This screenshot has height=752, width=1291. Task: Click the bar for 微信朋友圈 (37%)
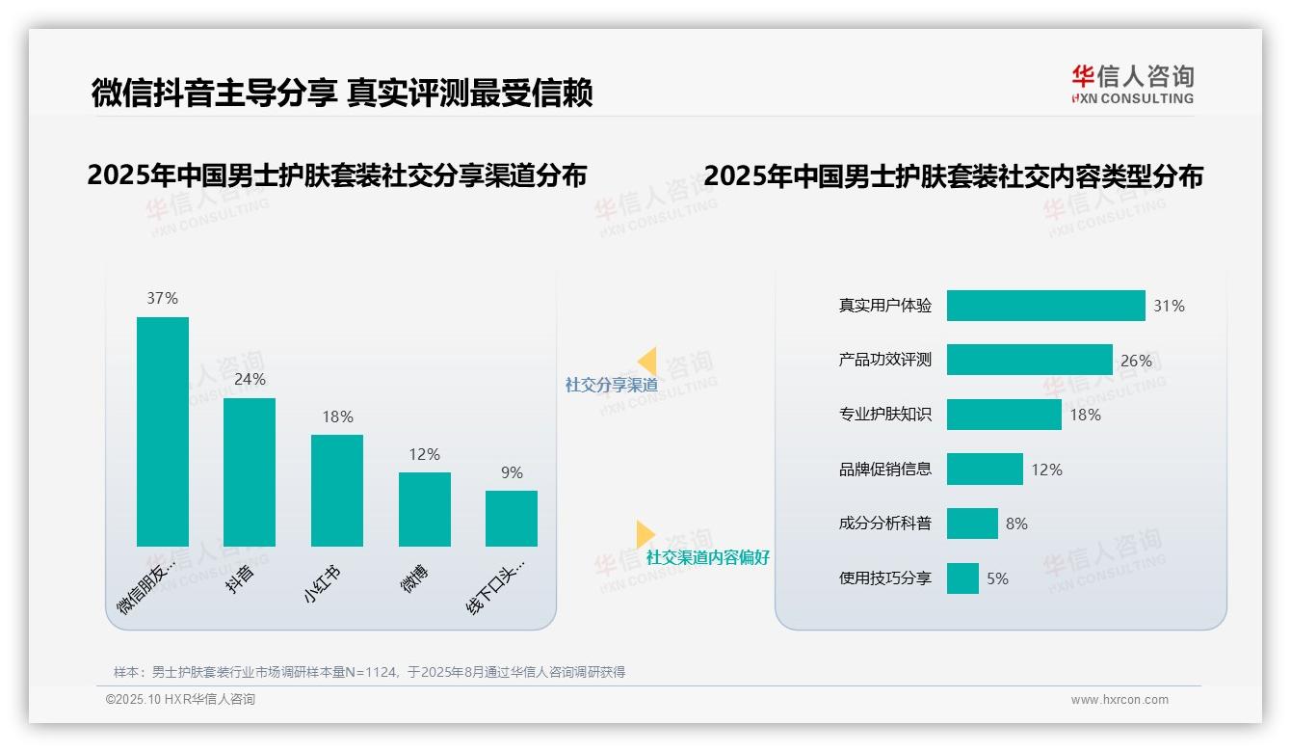click(x=162, y=431)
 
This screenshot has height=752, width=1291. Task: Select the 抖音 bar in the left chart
click(x=250, y=471)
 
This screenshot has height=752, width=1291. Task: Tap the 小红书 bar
click(x=337, y=490)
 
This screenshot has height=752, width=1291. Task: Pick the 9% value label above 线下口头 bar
click(x=512, y=472)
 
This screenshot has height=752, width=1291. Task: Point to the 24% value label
click(x=250, y=380)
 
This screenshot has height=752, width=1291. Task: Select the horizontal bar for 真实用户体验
click(x=1045, y=306)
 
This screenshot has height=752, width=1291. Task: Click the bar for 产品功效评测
click(x=1029, y=360)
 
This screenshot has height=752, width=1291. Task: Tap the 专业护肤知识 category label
click(x=885, y=415)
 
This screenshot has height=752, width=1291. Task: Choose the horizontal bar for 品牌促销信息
click(x=985, y=470)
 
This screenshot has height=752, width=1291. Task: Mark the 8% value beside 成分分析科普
click(x=1016, y=524)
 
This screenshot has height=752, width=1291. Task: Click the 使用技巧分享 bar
click(x=962, y=578)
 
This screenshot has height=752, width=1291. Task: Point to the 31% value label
click(x=1169, y=306)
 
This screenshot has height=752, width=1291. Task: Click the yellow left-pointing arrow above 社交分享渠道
click(x=646, y=362)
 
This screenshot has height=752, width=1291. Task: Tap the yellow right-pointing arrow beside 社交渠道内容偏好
click(x=645, y=534)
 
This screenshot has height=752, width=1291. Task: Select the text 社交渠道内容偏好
click(x=707, y=557)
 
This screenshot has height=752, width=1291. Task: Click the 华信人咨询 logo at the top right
click(x=1132, y=84)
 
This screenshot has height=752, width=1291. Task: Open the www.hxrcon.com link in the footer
click(x=1120, y=700)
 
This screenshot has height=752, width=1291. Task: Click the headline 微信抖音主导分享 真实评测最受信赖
click(x=342, y=93)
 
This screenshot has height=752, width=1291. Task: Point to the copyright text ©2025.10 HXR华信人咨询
click(x=180, y=700)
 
